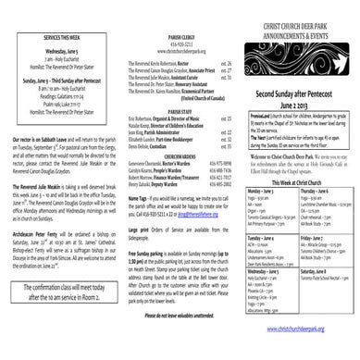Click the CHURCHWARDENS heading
pos(180,205)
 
